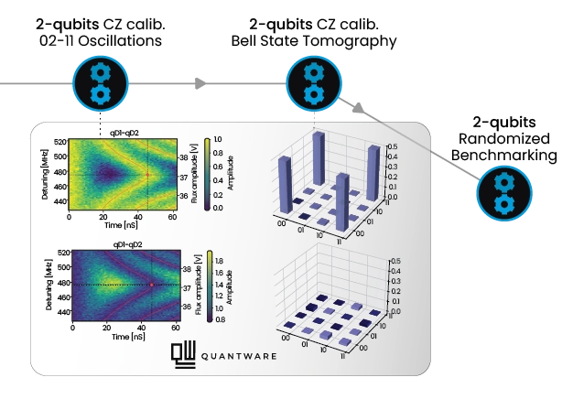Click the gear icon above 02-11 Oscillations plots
101,83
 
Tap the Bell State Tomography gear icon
314,83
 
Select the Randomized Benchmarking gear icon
504,194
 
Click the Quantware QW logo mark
183,354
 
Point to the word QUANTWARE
239,356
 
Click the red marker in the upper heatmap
147,175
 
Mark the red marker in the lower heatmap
152,285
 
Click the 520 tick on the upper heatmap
61,142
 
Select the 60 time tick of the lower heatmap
176,328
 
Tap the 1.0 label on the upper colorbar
218,139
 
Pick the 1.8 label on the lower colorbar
220,261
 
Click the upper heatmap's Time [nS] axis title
121,225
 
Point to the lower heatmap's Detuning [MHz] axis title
49,285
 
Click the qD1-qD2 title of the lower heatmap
127,244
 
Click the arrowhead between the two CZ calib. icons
200,83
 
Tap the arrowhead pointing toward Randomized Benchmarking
359,108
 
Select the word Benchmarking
504,156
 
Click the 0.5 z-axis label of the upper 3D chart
394,146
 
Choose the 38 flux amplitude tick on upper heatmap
183,157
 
